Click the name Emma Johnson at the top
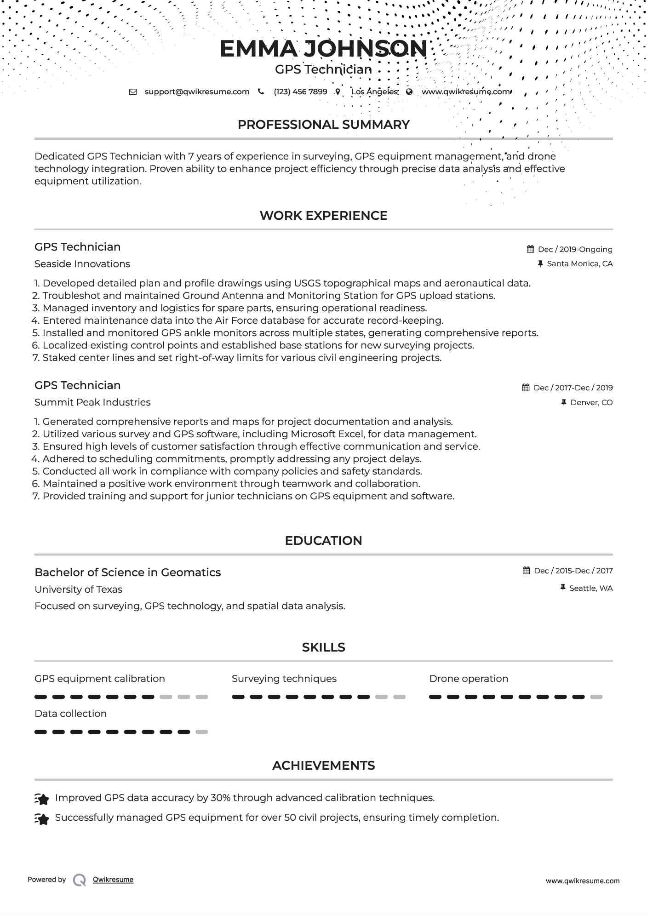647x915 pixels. [x=323, y=49]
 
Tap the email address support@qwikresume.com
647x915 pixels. [x=197, y=91]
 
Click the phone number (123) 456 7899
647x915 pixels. [x=300, y=91]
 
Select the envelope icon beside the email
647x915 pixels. [x=133, y=91]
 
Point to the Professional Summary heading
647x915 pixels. [x=323, y=125]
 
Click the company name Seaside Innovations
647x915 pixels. [x=82, y=264]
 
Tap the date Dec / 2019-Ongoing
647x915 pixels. [x=575, y=249]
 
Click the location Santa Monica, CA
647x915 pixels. [x=579, y=264]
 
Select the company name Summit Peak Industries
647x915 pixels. [x=92, y=402]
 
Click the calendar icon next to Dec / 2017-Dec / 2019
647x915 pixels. [x=526, y=388]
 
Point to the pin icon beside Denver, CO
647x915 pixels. [x=564, y=402]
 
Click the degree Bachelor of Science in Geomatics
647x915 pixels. [x=127, y=572]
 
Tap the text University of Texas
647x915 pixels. [x=78, y=589]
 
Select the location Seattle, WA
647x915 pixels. [x=590, y=588]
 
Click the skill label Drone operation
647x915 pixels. [x=469, y=679]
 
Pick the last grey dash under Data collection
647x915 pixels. [x=201, y=732]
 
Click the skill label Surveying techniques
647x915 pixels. [x=284, y=679]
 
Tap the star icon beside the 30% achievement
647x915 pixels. [x=42, y=799]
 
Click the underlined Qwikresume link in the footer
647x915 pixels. [x=113, y=880]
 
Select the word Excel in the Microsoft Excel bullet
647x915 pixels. [x=350, y=434]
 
